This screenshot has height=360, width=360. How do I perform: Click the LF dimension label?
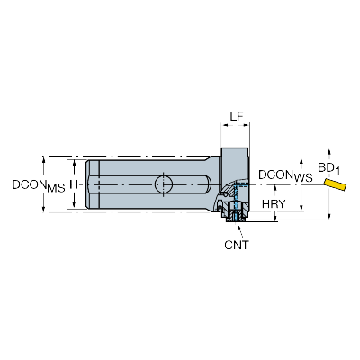pos(237,116)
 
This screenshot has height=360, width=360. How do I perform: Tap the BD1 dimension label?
pos(328,169)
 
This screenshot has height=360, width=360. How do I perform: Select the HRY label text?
pos(274,204)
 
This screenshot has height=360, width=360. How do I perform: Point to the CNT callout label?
pos(237,245)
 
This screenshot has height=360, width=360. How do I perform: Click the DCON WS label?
pos(285,176)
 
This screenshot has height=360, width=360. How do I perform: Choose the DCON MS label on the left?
pos(39,186)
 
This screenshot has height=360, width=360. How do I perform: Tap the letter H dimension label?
pos(74,184)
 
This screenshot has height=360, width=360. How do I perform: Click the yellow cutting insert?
pos(335,184)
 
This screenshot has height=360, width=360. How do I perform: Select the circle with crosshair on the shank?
pos(164,184)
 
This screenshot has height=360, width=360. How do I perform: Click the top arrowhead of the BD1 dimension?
pos(330,151)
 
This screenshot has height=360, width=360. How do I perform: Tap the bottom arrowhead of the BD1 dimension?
pos(330,216)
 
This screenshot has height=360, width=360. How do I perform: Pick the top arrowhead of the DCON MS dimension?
pos(44,159)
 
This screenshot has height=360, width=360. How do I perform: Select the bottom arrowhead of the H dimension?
pos(74,205)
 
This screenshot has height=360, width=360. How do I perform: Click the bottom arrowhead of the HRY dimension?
pos(275,219)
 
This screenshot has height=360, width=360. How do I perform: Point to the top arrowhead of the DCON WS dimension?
pos(301,160)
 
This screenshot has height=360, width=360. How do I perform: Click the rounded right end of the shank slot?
pos(208,184)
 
